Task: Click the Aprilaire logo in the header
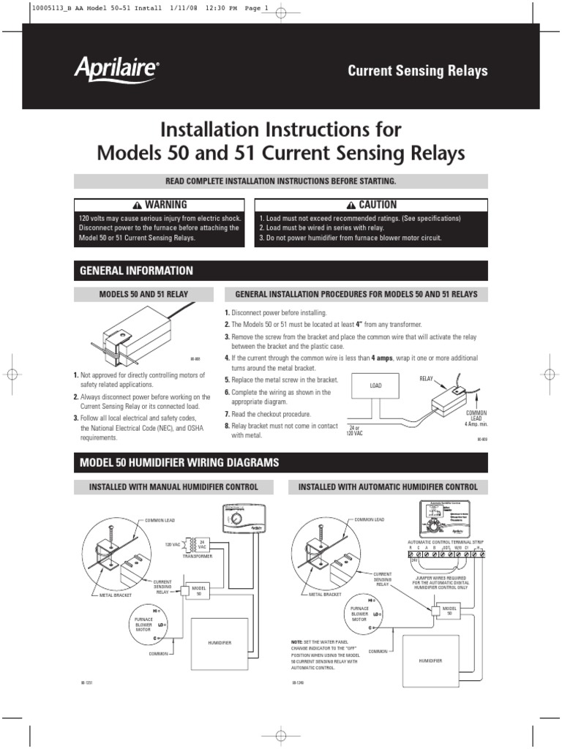click(116, 69)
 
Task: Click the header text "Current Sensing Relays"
click(417, 71)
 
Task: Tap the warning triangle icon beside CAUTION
click(351, 205)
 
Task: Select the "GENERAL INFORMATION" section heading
click(136, 271)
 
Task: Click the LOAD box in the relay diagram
click(375, 385)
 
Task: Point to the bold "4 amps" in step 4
click(383, 358)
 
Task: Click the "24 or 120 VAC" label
click(354, 430)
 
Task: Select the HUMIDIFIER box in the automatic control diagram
click(430, 659)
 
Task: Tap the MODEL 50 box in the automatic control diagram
click(447, 611)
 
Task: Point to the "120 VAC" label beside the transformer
click(173, 545)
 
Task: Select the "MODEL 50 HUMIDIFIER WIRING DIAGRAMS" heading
click(179, 462)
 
